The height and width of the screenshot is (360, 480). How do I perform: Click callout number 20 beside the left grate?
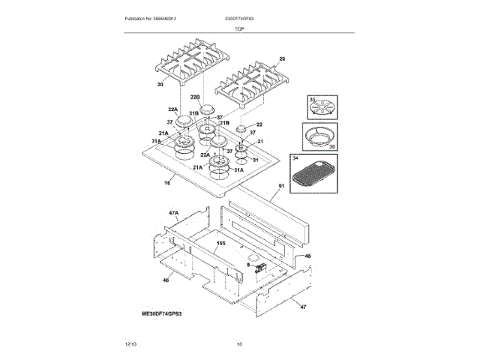pos(160,85)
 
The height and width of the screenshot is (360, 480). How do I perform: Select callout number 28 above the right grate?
pos(282,58)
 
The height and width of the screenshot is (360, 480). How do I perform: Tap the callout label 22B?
pos(195,97)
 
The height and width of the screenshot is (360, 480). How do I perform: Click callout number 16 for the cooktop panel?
pos(167,182)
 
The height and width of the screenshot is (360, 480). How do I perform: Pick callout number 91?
pos(282,186)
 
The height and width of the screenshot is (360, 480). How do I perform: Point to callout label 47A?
pos(173,213)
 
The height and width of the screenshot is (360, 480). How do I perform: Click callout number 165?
pos(221,244)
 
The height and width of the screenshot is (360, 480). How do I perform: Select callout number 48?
pos(307,256)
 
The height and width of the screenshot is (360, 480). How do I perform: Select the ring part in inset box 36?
pos(323,139)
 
